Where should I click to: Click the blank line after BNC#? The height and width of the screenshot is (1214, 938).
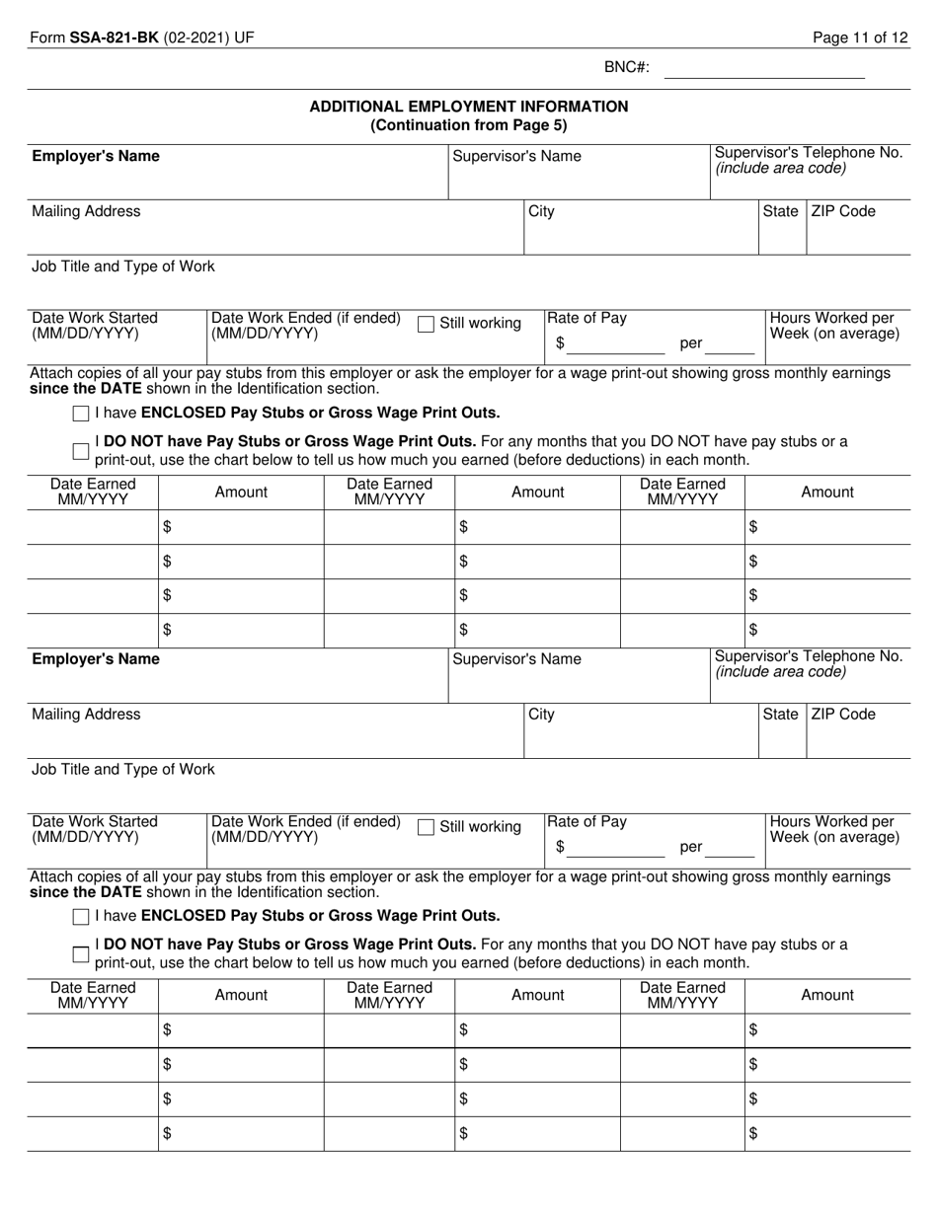[764, 71]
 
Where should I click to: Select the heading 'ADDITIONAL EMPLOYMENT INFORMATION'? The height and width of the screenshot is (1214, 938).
[469, 107]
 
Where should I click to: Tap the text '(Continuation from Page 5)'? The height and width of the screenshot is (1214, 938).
[469, 125]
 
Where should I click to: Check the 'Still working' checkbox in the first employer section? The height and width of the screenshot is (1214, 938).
[427, 324]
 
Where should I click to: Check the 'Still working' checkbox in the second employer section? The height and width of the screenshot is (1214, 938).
[427, 827]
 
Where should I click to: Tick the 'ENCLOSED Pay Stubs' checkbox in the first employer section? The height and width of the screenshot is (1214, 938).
[81, 414]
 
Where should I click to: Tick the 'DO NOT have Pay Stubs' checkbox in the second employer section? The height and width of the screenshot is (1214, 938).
[81, 953]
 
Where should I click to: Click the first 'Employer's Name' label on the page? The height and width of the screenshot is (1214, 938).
[96, 157]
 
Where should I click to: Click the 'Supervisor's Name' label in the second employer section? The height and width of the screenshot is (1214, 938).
[516, 659]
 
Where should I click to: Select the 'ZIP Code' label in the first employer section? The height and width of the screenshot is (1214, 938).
[842, 211]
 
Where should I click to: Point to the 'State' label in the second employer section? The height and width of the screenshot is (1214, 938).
[780, 715]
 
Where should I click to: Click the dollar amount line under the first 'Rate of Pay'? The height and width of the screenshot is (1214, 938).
[616, 344]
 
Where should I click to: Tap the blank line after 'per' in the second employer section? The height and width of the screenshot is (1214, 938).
[730, 848]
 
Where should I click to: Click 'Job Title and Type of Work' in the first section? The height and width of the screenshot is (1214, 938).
[123, 266]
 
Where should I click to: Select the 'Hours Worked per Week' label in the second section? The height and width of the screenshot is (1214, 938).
[834, 829]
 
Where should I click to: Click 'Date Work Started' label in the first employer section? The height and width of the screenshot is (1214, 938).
[95, 318]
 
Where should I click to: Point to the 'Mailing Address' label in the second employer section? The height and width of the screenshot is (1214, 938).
[86, 715]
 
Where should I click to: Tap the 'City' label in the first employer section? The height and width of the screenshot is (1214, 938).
[541, 211]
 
